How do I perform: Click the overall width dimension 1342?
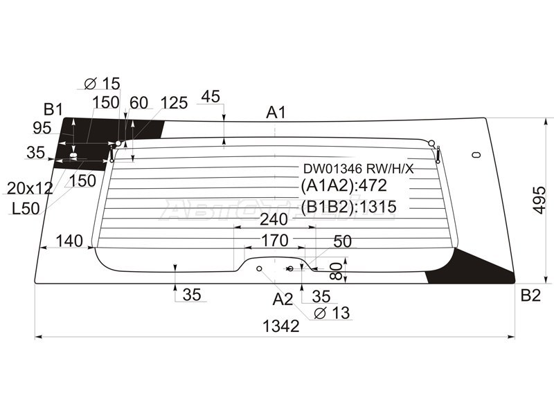point(281,326)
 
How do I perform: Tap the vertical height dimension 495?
point(539,200)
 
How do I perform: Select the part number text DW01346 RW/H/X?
point(358,169)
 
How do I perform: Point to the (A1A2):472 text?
point(343,185)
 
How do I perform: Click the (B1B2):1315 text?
point(348,206)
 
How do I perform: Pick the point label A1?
point(276,113)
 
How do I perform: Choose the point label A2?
point(283,299)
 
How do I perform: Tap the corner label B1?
point(53,110)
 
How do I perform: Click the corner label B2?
point(530,295)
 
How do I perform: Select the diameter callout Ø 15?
point(102,84)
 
